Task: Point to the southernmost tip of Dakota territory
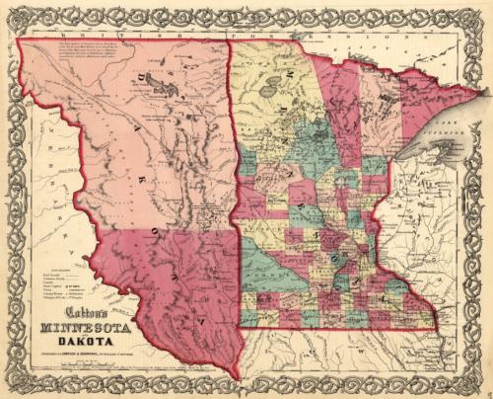[237, 375]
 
